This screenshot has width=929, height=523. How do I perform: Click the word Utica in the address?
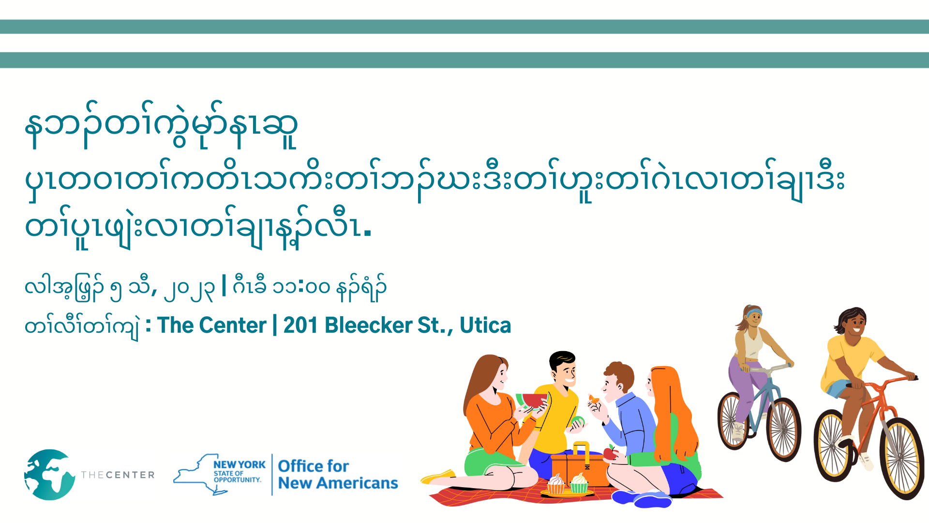click(485, 325)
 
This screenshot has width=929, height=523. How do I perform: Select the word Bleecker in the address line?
click(368, 325)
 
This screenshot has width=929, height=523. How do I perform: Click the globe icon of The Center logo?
click(49, 475)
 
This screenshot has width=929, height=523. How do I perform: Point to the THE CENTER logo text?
click(118, 475)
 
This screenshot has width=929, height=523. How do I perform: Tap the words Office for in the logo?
click(313, 466)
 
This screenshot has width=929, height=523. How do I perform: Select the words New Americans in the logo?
click(338, 483)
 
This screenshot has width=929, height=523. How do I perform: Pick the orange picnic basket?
click(580, 465)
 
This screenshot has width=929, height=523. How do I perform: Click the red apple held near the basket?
click(611, 452)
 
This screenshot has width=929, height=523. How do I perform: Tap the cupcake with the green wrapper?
click(579, 483)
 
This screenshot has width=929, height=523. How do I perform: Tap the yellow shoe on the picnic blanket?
click(438, 477)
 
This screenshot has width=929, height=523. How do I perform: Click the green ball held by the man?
click(578, 421)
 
